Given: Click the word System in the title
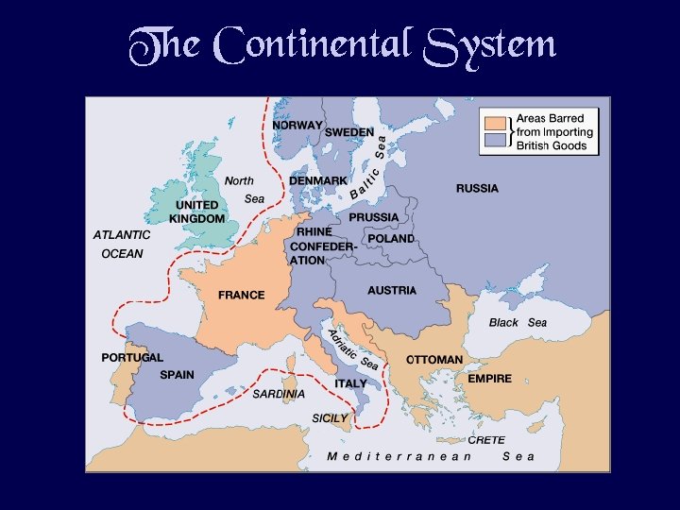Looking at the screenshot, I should (490, 44).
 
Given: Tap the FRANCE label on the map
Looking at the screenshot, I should (242, 295).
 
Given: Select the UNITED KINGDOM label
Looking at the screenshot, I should (196, 212).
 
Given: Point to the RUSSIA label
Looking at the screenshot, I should (477, 188).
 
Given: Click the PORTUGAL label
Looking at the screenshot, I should (132, 358).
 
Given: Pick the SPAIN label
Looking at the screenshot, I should (177, 375).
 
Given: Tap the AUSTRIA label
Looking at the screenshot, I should (392, 290).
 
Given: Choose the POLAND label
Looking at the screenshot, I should (391, 239).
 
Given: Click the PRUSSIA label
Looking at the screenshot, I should (374, 217).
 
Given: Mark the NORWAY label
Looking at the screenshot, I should (297, 125).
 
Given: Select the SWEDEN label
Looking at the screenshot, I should (349, 132).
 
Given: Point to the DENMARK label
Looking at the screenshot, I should (317, 180).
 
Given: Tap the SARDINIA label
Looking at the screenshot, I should (279, 394).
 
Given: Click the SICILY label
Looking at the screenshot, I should (330, 417).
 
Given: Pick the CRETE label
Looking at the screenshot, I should (486, 440).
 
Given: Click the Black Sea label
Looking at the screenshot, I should (518, 322).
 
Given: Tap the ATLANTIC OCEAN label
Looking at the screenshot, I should (122, 244).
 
